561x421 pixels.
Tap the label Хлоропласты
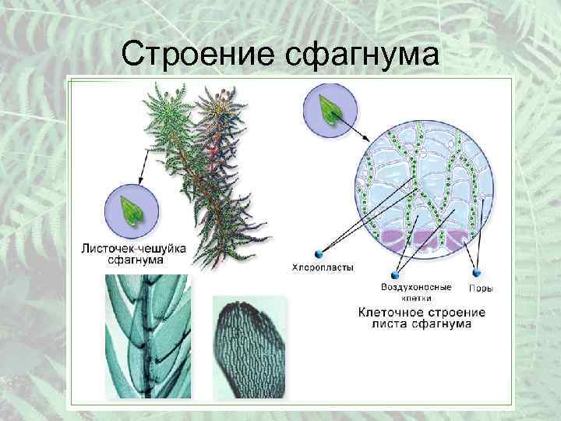tap(323, 267)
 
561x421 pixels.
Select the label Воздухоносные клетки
tap(421, 292)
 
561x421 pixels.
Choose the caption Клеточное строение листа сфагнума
tap(422, 317)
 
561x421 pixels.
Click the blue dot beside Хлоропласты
tap(317, 253)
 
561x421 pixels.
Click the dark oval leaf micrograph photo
tap(249, 347)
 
